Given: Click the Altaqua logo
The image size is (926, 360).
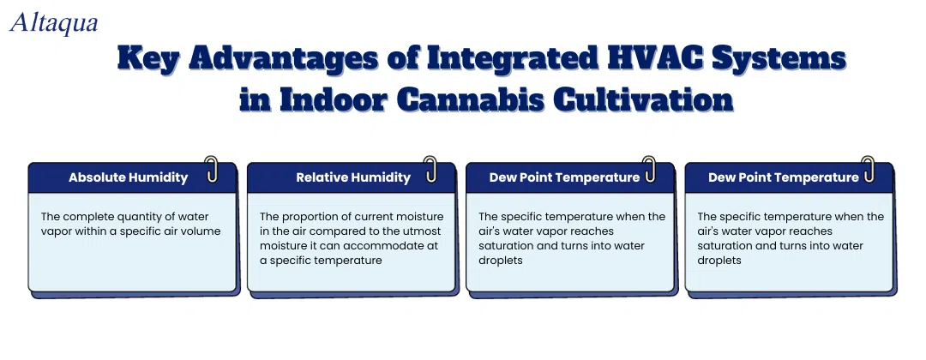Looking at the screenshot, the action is click(54, 22).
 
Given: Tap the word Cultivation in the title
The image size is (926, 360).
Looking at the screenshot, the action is click(644, 99).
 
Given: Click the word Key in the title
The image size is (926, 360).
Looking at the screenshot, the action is click(147, 61).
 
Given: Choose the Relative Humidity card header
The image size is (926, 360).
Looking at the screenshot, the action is click(352, 177).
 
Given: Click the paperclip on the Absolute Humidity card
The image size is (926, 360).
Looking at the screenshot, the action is click(212, 169).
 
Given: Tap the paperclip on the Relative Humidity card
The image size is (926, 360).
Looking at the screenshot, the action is click(430, 169).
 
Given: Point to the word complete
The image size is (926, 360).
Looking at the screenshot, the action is click(82, 217).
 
